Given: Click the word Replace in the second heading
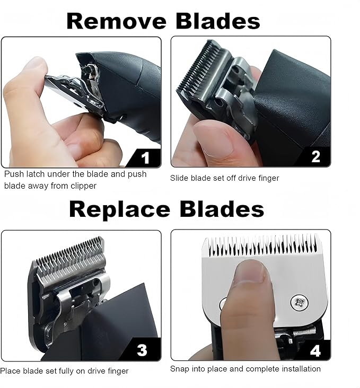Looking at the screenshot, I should point(117,209).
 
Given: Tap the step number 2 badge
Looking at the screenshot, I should point(315,157).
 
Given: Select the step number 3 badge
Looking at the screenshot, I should point(142,350).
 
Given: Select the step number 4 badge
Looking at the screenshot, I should point(315,350).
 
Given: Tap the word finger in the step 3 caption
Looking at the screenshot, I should point(117,371).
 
